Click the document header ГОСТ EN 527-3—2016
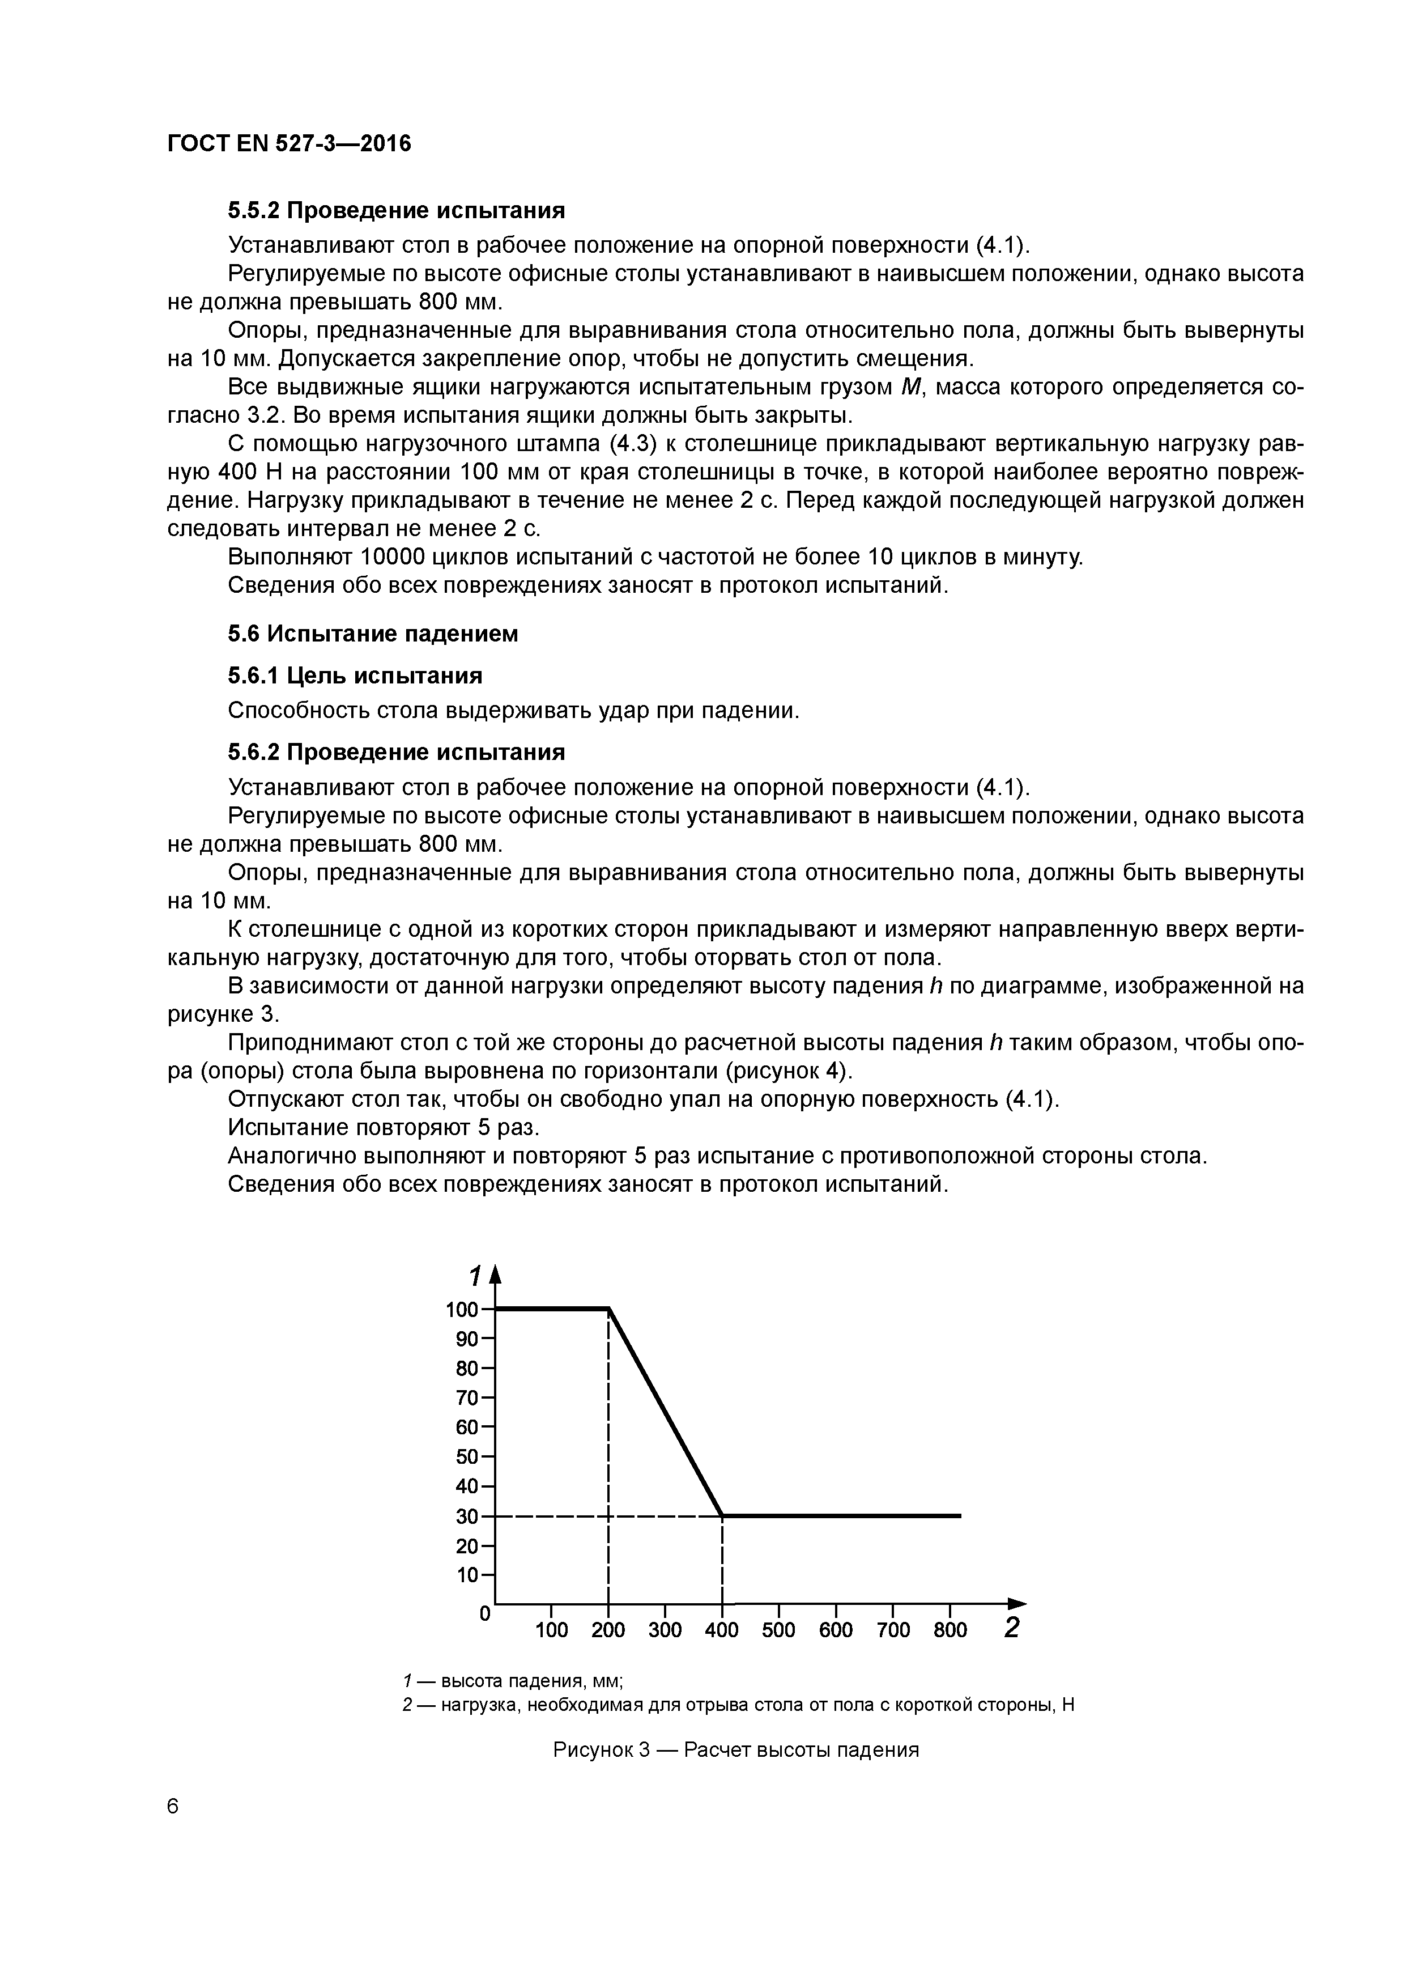click(x=289, y=144)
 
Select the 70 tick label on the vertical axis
click(x=467, y=1399)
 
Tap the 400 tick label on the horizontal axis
click(x=721, y=1630)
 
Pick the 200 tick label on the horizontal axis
click(x=608, y=1630)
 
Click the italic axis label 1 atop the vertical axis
click(x=474, y=1276)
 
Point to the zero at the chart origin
click(x=485, y=1614)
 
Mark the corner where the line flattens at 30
click(x=722, y=1515)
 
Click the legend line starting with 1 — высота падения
click(x=514, y=1681)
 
